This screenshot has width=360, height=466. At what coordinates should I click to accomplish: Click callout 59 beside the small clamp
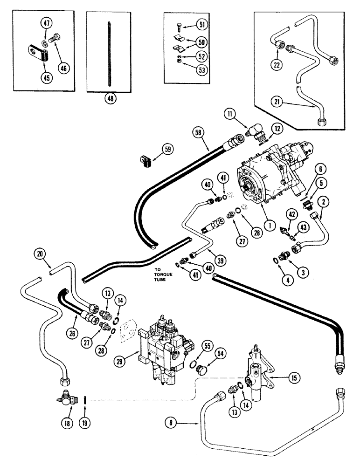(167, 150)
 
